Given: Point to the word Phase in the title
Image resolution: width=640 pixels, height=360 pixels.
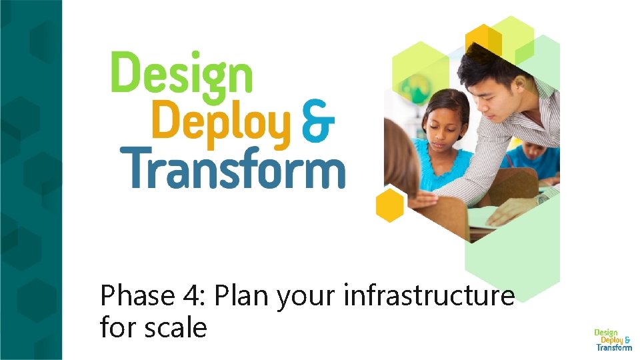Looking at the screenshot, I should (x=136, y=295).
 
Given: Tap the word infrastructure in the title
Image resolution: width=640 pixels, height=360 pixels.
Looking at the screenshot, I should (x=429, y=295).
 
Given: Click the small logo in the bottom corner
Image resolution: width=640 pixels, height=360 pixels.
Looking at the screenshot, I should (x=613, y=339).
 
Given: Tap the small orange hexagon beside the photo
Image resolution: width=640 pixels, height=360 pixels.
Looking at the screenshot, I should (x=390, y=205).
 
